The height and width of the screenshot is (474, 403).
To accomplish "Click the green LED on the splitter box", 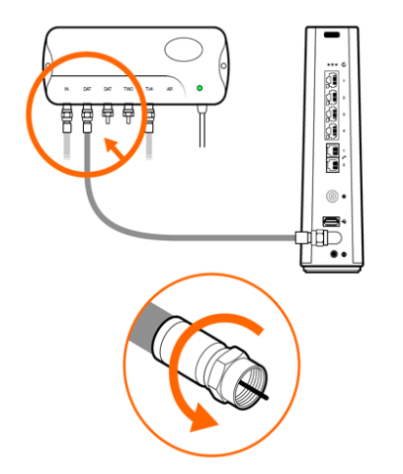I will click(x=200, y=90).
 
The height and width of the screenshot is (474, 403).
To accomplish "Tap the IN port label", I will click(x=66, y=90).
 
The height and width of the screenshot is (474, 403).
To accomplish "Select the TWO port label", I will click(x=128, y=90).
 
